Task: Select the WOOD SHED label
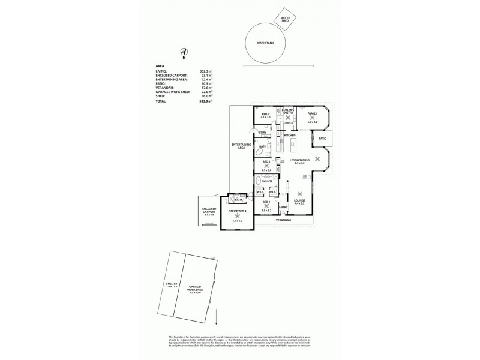286,19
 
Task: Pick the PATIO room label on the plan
323,139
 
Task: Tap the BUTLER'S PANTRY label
288,112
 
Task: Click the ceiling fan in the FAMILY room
311,118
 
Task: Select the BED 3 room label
266,113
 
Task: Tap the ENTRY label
283,208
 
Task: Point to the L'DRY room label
262,133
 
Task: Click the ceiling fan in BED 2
266,166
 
